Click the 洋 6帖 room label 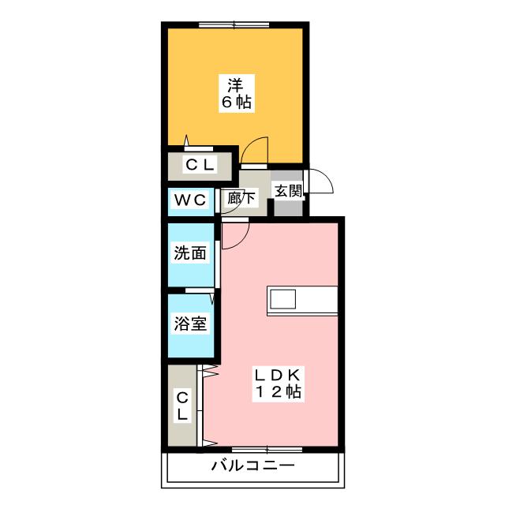click(x=237, y=93)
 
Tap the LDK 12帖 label click(x=279, y=383)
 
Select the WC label click(x=190, y=200)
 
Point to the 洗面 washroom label click(x=190, y=253)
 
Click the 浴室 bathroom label click(x=190, y=324)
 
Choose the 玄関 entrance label click(x=288, y=191)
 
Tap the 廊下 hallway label click(x=241, y=198)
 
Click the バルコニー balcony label click(x=252, y=466)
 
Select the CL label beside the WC click(x=200, y=165)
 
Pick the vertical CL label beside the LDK click(x=182, y=406)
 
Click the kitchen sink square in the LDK click(x=282, y=299)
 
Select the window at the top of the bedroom click(x=234, y=24)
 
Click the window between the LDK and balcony click(x=267, y=450)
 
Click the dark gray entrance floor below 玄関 click(x=288, y=208)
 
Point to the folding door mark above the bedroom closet click(x=186, y=141)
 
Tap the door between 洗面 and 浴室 click(x=200, y=290)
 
